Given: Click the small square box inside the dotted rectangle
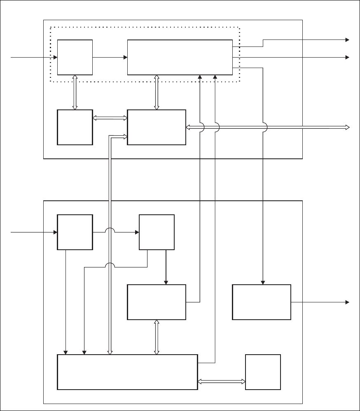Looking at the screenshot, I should (x=75, y=57).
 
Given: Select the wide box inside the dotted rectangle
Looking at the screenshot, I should (x=180, y=57).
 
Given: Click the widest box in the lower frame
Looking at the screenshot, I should (x=127, y=372).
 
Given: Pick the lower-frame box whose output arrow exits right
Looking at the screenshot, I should (x=262, y=302).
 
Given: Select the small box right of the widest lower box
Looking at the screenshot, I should (x=263, y=372).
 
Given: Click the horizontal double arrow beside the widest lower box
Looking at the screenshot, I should (x=221, y=381).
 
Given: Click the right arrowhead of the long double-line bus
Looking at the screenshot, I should (x=347, y=128).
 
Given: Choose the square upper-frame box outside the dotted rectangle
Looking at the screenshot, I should (x=75, y=127).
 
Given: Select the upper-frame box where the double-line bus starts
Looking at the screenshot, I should (x=157, y=127).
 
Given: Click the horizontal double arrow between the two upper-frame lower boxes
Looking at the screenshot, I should (x=110, y=118).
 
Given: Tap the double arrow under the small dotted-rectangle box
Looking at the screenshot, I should (x=75, y=93).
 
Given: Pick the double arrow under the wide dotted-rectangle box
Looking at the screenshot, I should (x=157, y=93).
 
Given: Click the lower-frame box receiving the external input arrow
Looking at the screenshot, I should (x=75, y=232).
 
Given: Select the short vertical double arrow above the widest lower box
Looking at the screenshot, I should (x=157, y=337).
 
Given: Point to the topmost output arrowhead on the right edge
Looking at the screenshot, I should (x=347, y=40).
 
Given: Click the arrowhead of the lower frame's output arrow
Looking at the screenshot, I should (x=347, y=302).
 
